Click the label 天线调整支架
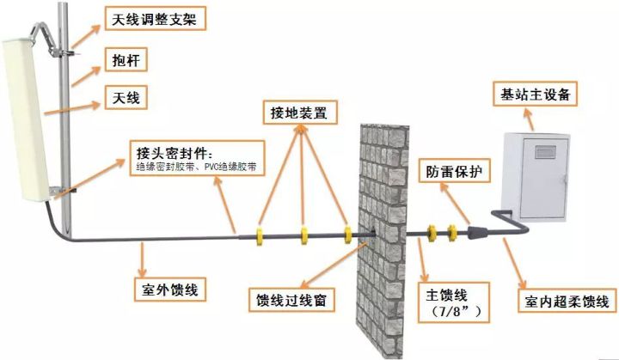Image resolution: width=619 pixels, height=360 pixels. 155,19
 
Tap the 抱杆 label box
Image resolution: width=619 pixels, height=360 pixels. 126,60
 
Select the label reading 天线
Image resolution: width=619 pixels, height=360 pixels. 126,97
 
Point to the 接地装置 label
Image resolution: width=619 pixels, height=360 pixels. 300,112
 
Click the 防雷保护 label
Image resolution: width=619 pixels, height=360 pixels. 455,170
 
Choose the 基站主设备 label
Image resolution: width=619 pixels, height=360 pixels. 535,94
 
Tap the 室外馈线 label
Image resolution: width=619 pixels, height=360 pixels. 169,290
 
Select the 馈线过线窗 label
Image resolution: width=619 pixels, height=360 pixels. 291,300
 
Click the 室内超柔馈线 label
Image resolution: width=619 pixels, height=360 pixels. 567,302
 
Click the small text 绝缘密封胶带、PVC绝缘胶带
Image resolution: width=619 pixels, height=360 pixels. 196,167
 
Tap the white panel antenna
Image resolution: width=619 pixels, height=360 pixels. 24,119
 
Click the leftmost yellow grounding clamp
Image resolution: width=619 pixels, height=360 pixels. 260,235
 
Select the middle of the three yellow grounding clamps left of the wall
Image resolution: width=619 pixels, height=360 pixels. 304,235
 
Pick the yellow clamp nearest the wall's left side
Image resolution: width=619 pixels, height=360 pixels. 347,235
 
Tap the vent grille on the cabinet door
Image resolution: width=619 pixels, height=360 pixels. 545,152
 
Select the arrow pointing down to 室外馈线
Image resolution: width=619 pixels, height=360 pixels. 142,259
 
